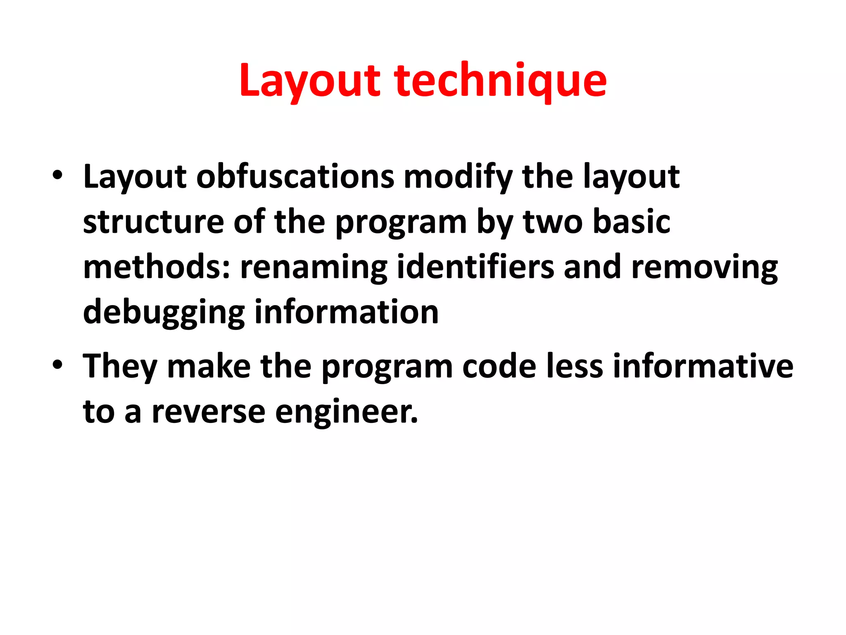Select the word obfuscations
pyautogui.click(x=295, y=177)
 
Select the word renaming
pyautogui.click(x=314, y=267)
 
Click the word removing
pyautogui.click(x=704, y=267)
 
